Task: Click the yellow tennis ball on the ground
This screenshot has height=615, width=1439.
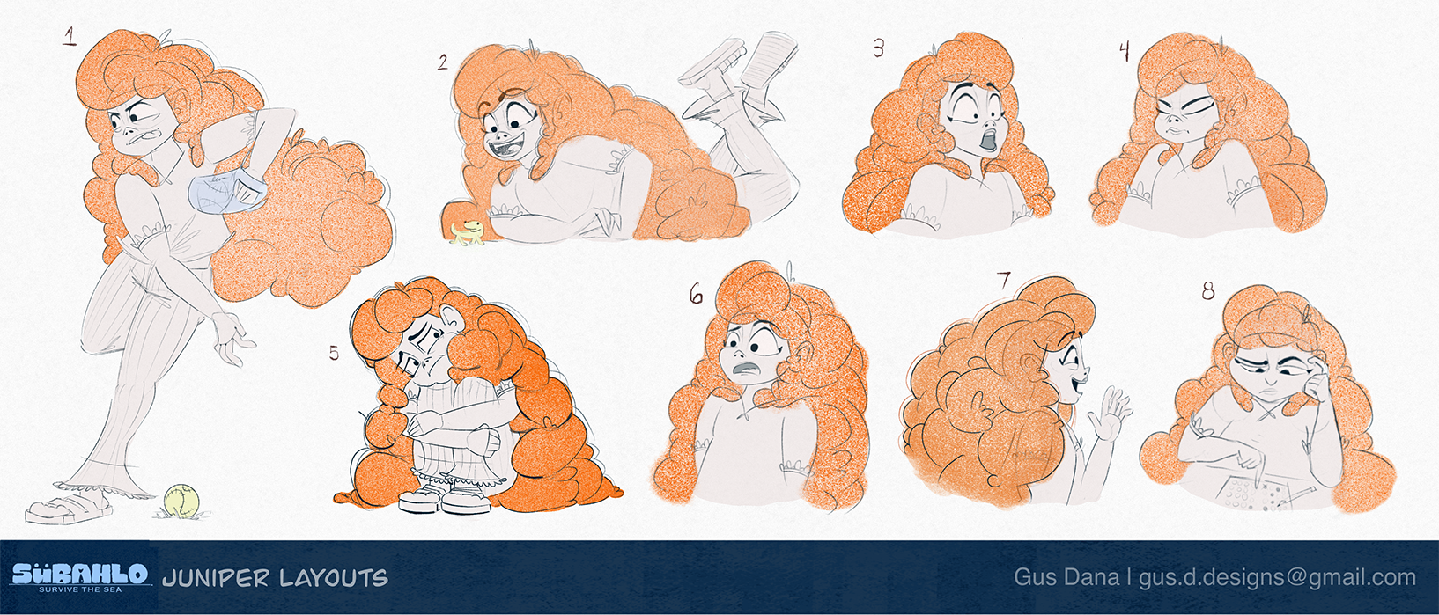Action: coord(181,501)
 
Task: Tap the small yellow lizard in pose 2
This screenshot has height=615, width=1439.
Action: coord(467,233)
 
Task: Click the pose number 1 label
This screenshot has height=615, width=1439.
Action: coord(70,36)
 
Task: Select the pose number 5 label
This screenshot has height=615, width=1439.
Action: coord(334,353)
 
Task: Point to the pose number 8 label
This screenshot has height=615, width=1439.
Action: coord(1208,291)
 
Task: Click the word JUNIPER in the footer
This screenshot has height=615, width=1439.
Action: coord(215,578)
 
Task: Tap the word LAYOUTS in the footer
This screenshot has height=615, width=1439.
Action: coord(334,578)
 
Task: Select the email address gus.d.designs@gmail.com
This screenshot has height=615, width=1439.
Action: coord(1277,578)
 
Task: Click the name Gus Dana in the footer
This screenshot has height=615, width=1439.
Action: coord(1066,576)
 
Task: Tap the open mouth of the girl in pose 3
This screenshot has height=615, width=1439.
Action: coord(990,139)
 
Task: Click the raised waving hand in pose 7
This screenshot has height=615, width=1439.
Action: coord(1111,414)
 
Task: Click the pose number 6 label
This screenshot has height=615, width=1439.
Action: coord(696,294)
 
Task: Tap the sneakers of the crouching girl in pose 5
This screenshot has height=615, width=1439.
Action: coord(446,498)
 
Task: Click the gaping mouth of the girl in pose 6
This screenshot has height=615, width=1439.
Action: coord(746,370)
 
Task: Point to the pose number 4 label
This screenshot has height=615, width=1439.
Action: coord(1125,51)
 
